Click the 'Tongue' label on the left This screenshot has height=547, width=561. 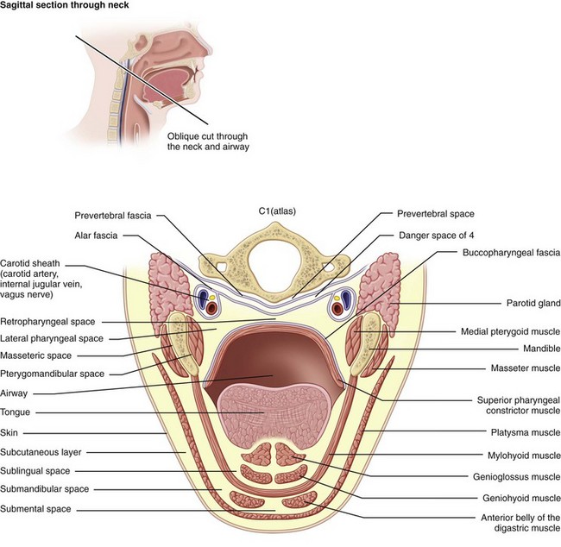(17, 412)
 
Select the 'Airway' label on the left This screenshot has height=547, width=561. (17, 392)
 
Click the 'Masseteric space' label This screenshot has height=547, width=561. (41, 355)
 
